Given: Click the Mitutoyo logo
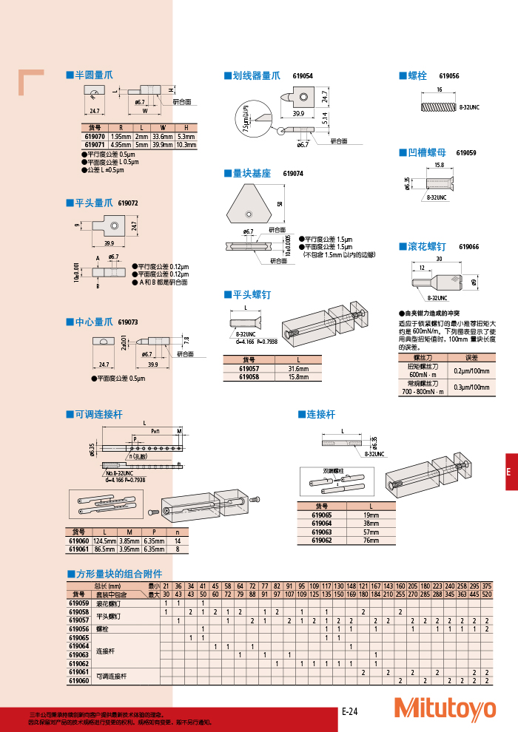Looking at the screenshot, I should pyautogui.click(x=445, y=708).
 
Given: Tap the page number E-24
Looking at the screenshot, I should pyautogui.click(x=349, y=711).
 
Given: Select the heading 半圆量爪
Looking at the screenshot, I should pyautogui.click(x=93, y=75).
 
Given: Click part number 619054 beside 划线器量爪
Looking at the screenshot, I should pyautogui.click(x=303, y=76).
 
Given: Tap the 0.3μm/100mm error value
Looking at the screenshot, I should pyautogui.click(x=471, y=387).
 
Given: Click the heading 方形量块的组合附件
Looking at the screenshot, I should pyautogui.click(x=118, y=574).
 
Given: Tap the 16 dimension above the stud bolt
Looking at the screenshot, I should pyautogui.click(x=440, y=89).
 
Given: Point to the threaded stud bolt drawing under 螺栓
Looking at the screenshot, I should pyautogui.click(x=439, y=106).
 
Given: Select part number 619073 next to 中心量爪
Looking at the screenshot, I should pyautogui.click(x=128, y=322).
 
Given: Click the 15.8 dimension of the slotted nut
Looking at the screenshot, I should pyautogui.click(x=439, y=165).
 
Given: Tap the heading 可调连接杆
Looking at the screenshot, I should pyautogui.click(x=98, y=415).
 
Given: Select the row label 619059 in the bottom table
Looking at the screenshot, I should pyautogui.click(x=78, y=603).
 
